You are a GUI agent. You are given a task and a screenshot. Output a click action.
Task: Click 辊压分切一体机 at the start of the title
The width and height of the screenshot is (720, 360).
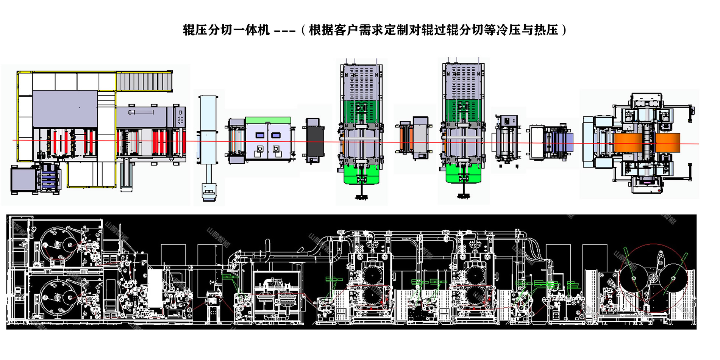(226, 30)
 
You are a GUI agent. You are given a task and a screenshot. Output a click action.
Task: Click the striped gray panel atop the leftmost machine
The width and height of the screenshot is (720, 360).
(144, 81)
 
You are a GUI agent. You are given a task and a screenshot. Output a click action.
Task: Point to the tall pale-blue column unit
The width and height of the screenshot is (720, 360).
(208, 114)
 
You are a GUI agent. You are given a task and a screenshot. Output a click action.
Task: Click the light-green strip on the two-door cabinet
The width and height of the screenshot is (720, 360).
(268, 121)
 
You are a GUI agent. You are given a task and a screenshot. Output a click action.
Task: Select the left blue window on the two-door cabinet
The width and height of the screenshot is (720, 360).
(260, 135)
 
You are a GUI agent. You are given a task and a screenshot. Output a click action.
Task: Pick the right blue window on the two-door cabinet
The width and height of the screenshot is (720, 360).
(276, 135)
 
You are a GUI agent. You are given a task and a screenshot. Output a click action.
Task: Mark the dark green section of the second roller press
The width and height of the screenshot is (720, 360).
(463, 110)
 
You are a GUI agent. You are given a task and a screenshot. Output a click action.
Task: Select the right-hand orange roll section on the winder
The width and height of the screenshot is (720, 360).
(668, 143)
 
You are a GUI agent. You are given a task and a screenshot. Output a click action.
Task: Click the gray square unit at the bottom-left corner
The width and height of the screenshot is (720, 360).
(23, 180)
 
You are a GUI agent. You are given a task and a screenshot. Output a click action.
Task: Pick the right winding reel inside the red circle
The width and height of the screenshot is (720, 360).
(673, 279)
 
